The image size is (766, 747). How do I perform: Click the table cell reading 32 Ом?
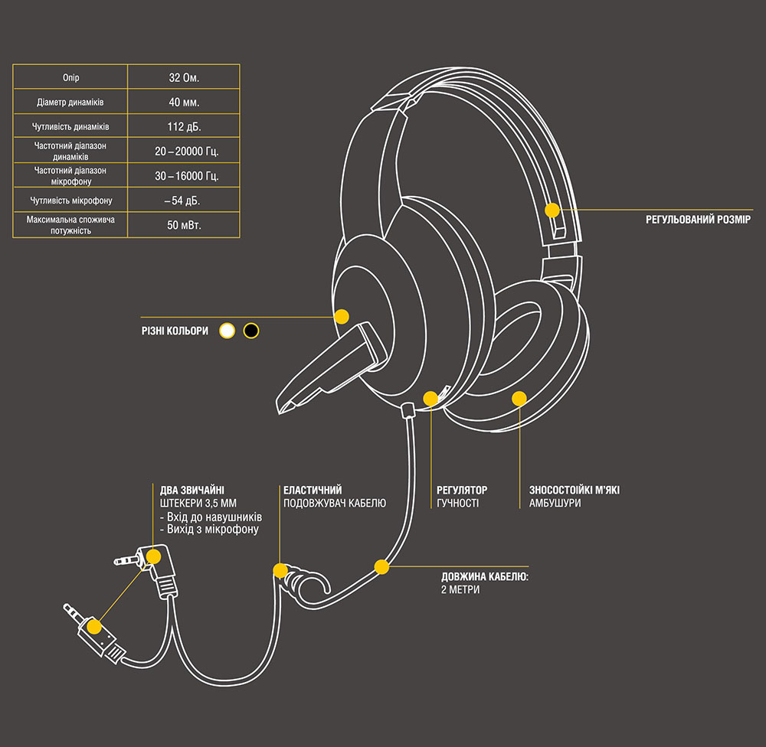[183, 78]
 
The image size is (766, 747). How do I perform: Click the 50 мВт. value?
[183, 225]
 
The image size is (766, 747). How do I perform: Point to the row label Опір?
[70, 78]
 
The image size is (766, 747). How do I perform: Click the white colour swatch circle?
[227, 331]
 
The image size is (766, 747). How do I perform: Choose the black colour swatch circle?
[250, 331]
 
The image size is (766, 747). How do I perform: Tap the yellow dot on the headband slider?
[552, 209]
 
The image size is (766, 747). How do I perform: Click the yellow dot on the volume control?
[430, 398]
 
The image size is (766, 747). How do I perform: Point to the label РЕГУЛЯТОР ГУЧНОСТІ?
[462, 497]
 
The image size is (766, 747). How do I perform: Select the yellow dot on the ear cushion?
[519, 398]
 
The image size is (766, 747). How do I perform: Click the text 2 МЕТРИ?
[460, 590]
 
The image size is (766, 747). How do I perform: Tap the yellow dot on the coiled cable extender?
[280, 570]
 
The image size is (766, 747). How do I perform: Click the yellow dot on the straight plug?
[93, 626]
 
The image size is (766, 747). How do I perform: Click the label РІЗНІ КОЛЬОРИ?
[175, 331]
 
